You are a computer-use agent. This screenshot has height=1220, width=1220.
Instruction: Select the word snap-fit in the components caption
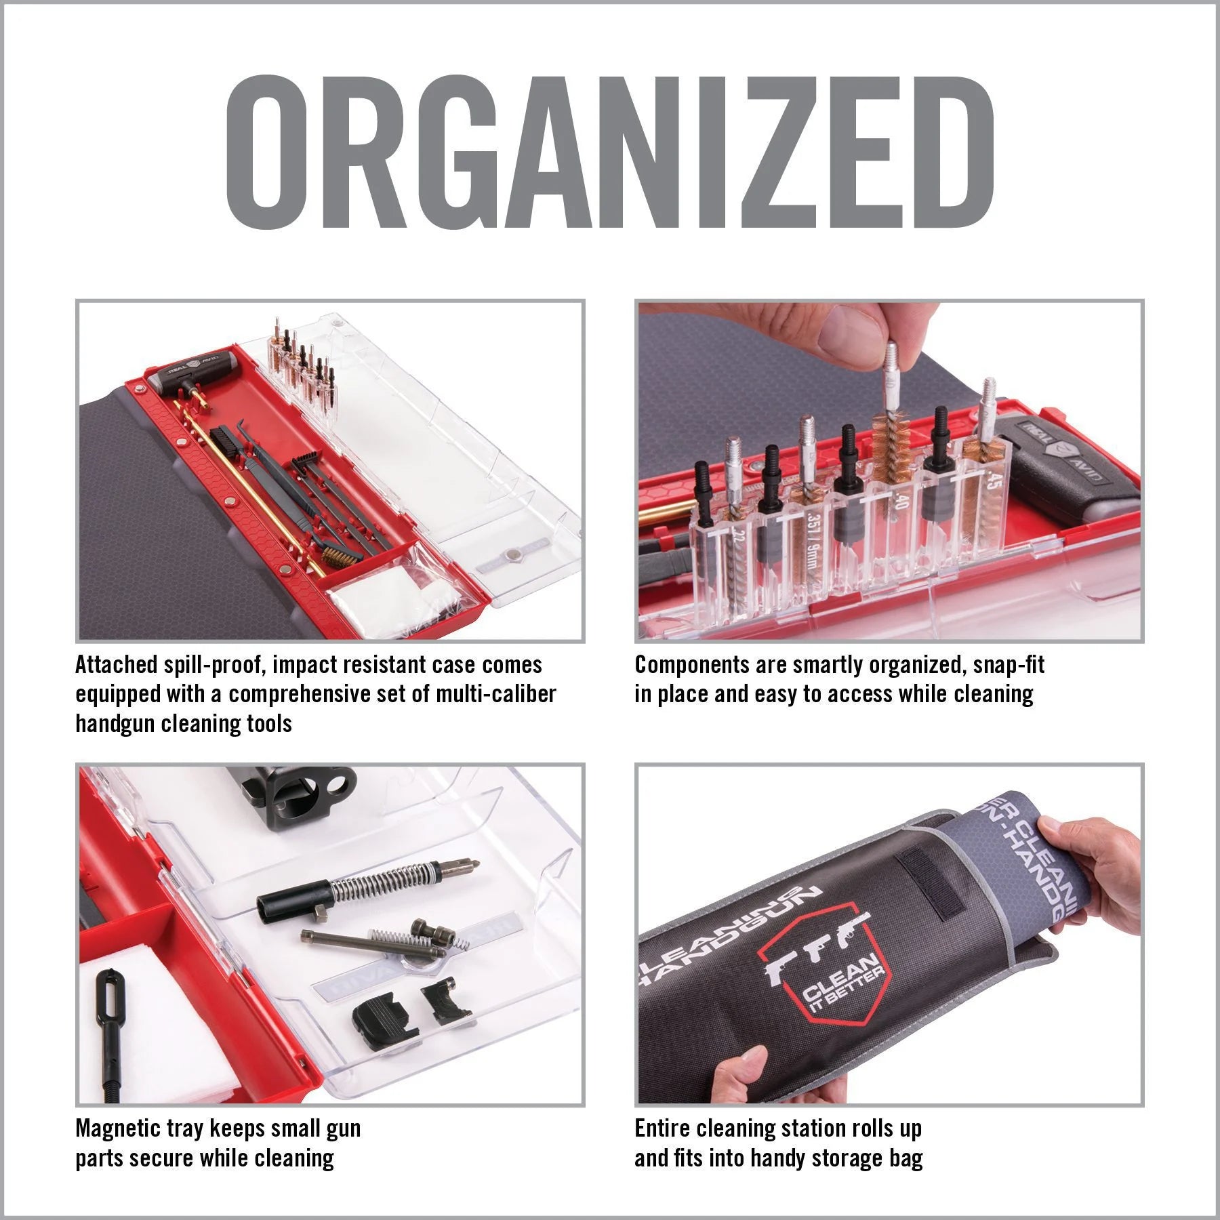1009,665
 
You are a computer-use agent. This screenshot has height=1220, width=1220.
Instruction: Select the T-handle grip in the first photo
188,377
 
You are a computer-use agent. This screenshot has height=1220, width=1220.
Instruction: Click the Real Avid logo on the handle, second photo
1057,453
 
